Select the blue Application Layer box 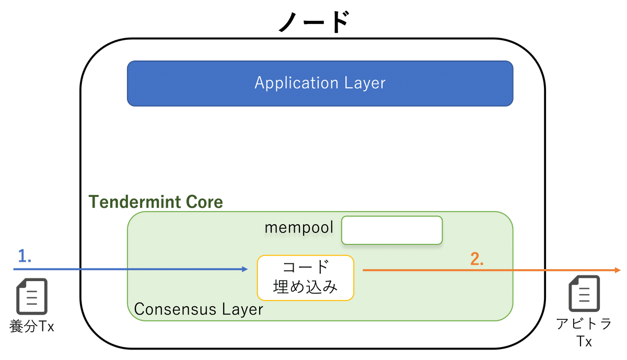click(320, 84)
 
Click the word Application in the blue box click(296, 84)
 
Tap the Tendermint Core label click(156, 202)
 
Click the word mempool click(299, 228)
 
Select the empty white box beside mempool click(392, 230)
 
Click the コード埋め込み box click(306, 277)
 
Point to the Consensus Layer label click(199, 309)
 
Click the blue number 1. click(25, 256)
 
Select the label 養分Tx click(32, 327)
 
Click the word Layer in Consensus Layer click(241, 309)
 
